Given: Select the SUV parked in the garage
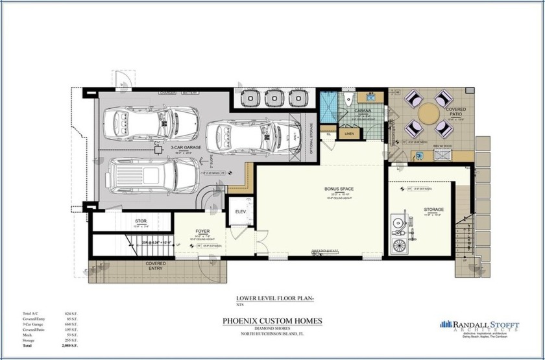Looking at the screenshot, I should [x=154, y=176].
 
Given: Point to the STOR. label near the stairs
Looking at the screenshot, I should [x=141, y=221].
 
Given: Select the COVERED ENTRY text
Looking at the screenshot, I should [x=155, y=265].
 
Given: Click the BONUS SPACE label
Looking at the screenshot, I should [x=339, y=189].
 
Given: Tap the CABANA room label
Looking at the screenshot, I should [x=363, y=111].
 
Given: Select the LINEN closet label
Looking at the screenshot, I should [x=349, y=134].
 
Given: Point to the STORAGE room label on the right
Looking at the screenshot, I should [x=434, y=210].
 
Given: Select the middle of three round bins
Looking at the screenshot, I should [x=276, y=98].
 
